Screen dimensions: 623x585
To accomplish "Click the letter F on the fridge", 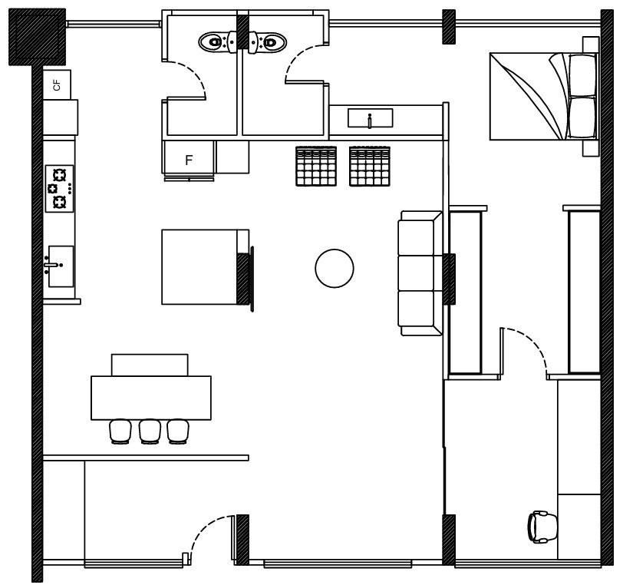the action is click(189, 160).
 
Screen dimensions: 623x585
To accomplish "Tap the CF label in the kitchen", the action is click(58, 85).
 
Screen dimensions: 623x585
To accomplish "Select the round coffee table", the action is click(335, 269).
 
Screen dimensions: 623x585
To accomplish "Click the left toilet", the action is click(217, 41).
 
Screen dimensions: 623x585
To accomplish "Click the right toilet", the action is click(268, 41).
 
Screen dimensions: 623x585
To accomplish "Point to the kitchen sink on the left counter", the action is click(61, 266).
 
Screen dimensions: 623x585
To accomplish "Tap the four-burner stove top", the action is click(59, 189).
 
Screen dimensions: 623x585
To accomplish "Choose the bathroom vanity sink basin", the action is click(371, 118).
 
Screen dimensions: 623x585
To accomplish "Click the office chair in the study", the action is click(542, 527).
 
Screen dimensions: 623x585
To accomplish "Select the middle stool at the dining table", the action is click(150, 431).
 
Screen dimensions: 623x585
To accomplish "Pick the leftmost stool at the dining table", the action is click(120, 431).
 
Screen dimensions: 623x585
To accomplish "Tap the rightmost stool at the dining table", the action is click(178, 431).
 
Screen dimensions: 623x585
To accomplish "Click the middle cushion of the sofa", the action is click(417, 273).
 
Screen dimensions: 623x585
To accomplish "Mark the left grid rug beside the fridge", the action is click(316, 167).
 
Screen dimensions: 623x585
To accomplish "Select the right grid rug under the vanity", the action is click(370, 167).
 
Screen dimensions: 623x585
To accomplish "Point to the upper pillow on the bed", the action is click(582, 74).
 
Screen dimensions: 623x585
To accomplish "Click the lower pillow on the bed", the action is click(582, 117).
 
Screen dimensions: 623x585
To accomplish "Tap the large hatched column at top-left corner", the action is click(37, 37).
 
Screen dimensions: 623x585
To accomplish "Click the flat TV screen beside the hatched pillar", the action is click(252, 279).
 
